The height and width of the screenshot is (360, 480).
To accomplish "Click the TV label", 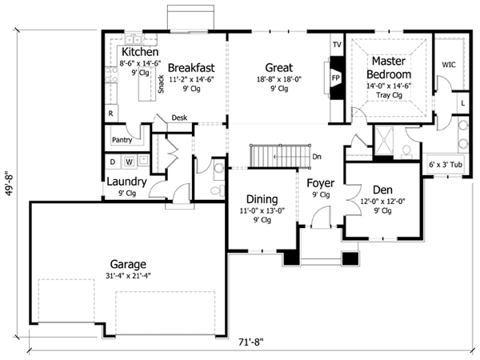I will point(337,43).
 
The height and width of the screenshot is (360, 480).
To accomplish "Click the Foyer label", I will point(321,182).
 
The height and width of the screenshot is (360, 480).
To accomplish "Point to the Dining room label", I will point(262,199).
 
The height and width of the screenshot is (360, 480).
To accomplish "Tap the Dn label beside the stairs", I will point(317,157).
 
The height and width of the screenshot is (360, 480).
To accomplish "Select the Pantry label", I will point(122,140).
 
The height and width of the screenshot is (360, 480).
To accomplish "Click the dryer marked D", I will point(113,162).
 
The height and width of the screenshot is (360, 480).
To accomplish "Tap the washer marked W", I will point(129,162).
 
